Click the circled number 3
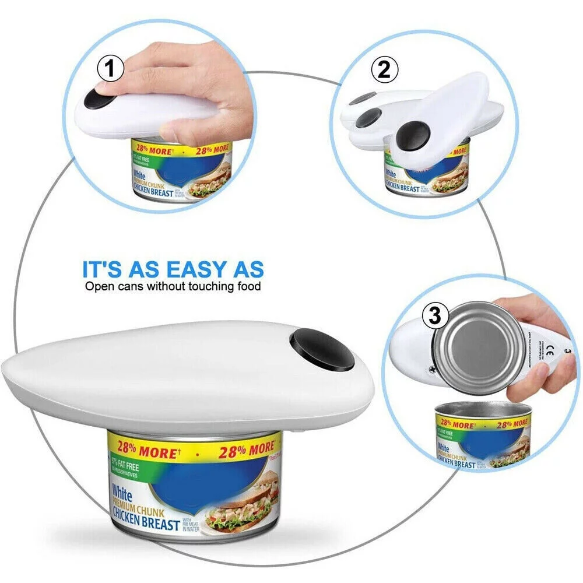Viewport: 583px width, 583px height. coord(434,317)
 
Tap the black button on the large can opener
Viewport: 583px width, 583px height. coord(322,350)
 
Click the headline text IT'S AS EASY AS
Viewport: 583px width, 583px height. coord(173,270)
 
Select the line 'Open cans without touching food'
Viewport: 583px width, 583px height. coord(173,286)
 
